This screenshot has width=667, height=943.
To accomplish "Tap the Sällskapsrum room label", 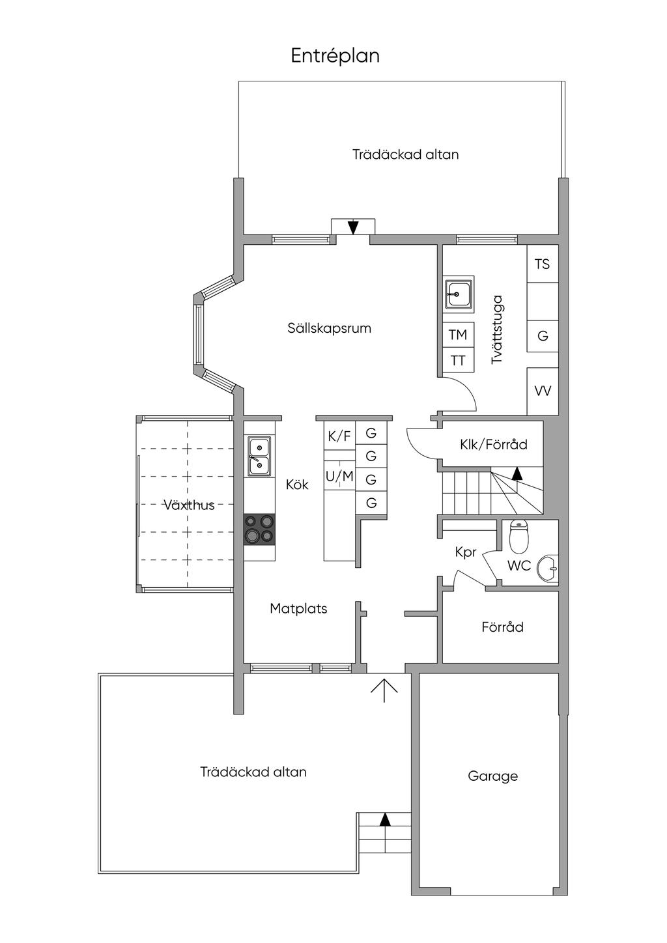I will tap(329, 328).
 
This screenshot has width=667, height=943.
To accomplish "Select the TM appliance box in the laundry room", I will tap(458, 335).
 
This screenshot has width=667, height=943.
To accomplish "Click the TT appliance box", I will tap(458, 360).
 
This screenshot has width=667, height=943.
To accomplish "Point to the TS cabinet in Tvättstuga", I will tap(542, 264).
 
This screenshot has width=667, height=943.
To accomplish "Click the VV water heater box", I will tap(542, 391).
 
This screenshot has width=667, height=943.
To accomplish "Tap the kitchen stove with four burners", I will tap(259, 528).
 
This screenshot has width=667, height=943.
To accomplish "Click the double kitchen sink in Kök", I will tap(259, 456).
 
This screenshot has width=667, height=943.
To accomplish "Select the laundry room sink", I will tap(458, 294).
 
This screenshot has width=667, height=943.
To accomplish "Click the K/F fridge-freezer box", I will tap(339, 436).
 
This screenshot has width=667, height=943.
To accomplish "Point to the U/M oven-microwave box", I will tap(339, 477).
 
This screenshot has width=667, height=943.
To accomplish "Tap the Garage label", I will tap(492, 776).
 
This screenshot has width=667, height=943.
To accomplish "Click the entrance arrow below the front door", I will tap(384, 690).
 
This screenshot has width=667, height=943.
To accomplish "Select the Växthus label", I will tap(189, 505).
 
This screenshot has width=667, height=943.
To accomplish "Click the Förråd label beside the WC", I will tap(502, 627).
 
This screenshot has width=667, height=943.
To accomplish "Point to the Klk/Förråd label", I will tap(493, 445).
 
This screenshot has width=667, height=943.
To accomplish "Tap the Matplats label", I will tap(298, 609).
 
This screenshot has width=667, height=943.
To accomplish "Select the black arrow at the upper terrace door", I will tap(353, 227).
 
